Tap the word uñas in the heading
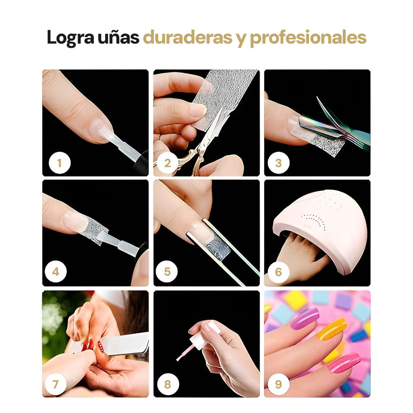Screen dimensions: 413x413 coord(119,37)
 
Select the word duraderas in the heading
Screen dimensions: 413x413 coord(187,37)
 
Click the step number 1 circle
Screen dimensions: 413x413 coord(60,163)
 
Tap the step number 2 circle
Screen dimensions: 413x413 coord(167,163)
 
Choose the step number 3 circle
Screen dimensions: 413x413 coord(278,163)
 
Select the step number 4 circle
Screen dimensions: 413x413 coord(55,272)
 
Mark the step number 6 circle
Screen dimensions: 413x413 coord(278,272)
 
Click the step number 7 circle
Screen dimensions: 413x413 coord(55,384)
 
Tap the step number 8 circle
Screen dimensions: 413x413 coord(168,384)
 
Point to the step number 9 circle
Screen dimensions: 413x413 coord(278,384)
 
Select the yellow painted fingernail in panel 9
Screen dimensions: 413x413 coord(332,329)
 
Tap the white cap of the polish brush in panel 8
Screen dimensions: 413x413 coord(198,341)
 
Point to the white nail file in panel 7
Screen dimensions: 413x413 coord(124,344)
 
